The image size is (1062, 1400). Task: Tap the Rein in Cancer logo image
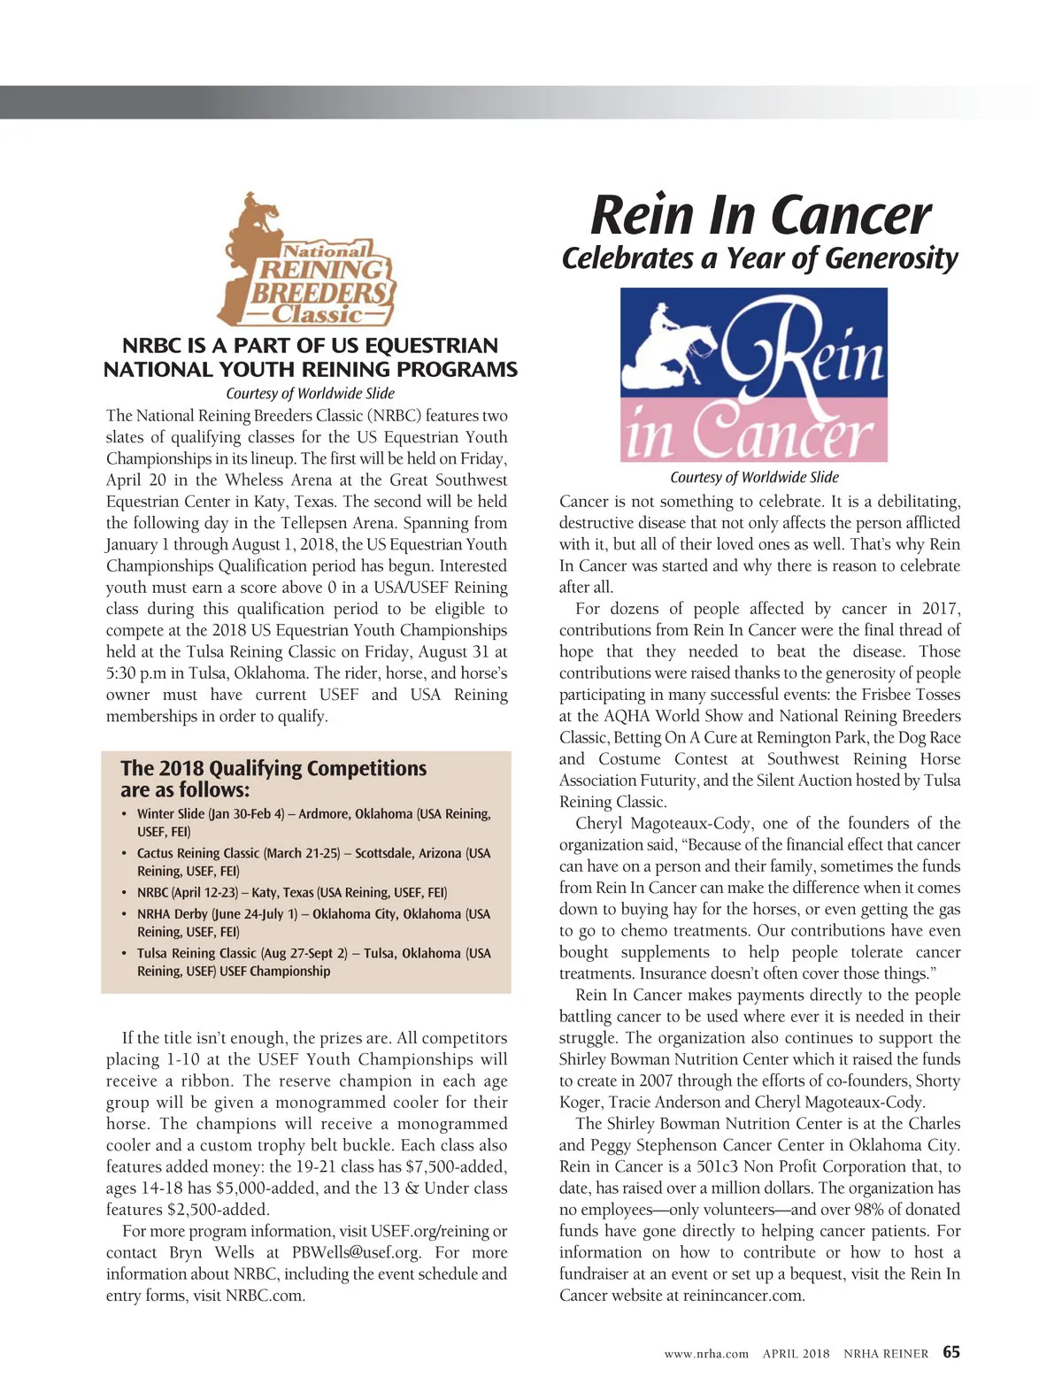[x=753, y=374]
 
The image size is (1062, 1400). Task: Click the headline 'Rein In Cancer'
[x=759, y=215]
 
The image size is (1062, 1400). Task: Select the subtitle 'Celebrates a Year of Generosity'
[x=759, y=258]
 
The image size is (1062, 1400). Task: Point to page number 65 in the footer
[x=951, y=1352]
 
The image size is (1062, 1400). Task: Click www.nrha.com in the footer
[x=706, y=1353]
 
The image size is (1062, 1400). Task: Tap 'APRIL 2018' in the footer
[x=796, y=1353]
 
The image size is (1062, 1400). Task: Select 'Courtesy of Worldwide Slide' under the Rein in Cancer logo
[x=754, y=478]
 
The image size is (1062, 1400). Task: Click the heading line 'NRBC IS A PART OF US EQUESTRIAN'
[x=310, y=345]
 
